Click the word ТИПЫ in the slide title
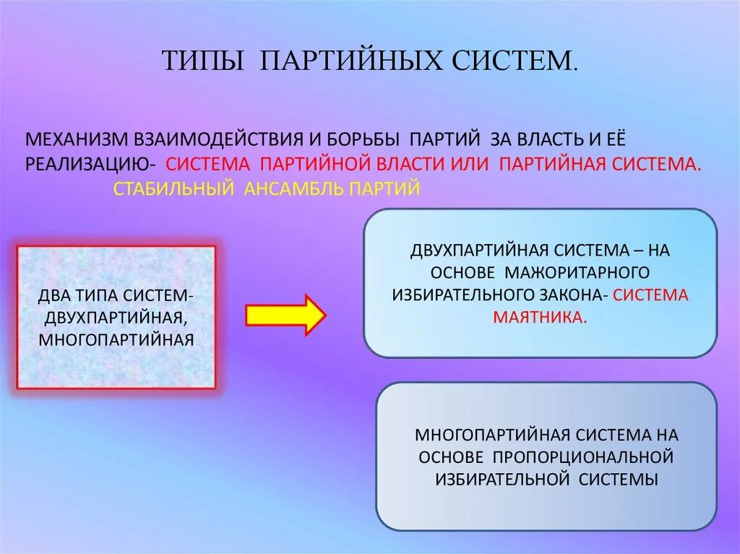coord(203,61)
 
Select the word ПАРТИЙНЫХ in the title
coord(350,61)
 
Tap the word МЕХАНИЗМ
coord(77,139)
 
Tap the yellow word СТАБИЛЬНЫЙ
coord(173,189)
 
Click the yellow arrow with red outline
coord(285,315)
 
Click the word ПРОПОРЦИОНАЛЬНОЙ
coord(584,457)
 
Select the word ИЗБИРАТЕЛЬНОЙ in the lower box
coord(499,479)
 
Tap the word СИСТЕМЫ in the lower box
coord(618,479)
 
